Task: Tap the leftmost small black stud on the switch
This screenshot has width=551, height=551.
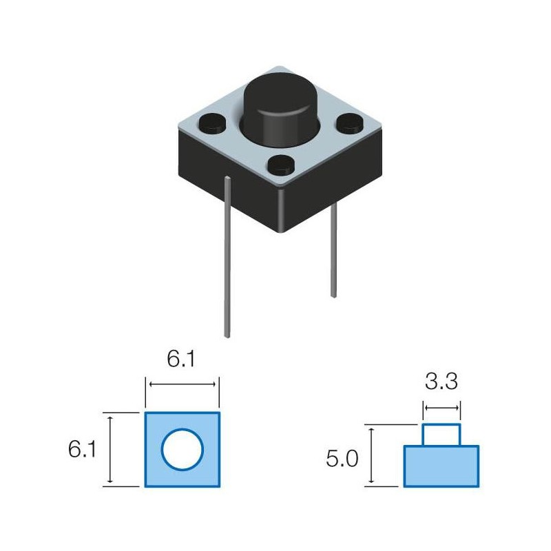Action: (x=211, y=125)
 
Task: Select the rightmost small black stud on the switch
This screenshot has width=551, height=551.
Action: (x=349, y=125)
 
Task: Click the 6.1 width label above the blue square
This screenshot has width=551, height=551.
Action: (x=182, y=359)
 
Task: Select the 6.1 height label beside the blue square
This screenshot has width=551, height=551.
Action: (x=82, y=449)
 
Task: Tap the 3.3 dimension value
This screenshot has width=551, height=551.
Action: (x=441, y=381)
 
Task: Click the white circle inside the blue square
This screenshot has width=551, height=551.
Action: (x=183, y=450)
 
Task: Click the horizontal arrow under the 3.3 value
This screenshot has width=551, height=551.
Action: (x=441, y=408)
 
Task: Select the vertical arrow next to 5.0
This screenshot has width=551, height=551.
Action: (x=372, y=455)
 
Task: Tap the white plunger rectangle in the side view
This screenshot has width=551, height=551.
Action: (x=441, y=435)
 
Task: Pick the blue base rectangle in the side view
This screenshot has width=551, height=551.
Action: (x=441, y=466)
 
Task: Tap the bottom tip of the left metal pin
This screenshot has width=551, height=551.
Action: (x=227, y=335)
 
